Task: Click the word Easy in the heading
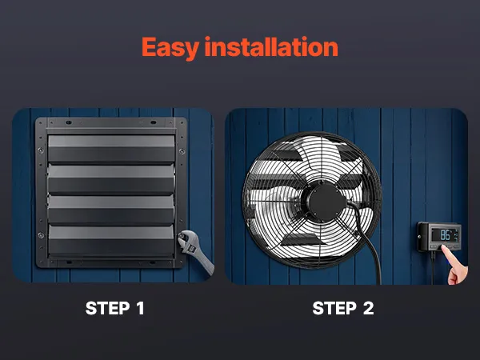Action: point(170,48)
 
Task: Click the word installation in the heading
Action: point(271,46)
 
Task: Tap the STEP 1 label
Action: point(114,308)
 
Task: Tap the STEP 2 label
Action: point(343,308)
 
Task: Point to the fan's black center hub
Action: point(322,202)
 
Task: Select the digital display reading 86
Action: point(445,234)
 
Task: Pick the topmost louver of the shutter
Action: point(111,148)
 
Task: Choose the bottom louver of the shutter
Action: point(111,240)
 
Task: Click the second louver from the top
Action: point(111,178)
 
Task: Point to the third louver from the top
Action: point(111,210)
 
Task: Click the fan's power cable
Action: point(368,245)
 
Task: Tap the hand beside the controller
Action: point(455,265)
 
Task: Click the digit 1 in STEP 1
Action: point(140,308)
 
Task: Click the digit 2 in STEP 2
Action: point(368,308)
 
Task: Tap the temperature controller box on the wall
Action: point(439,237)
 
